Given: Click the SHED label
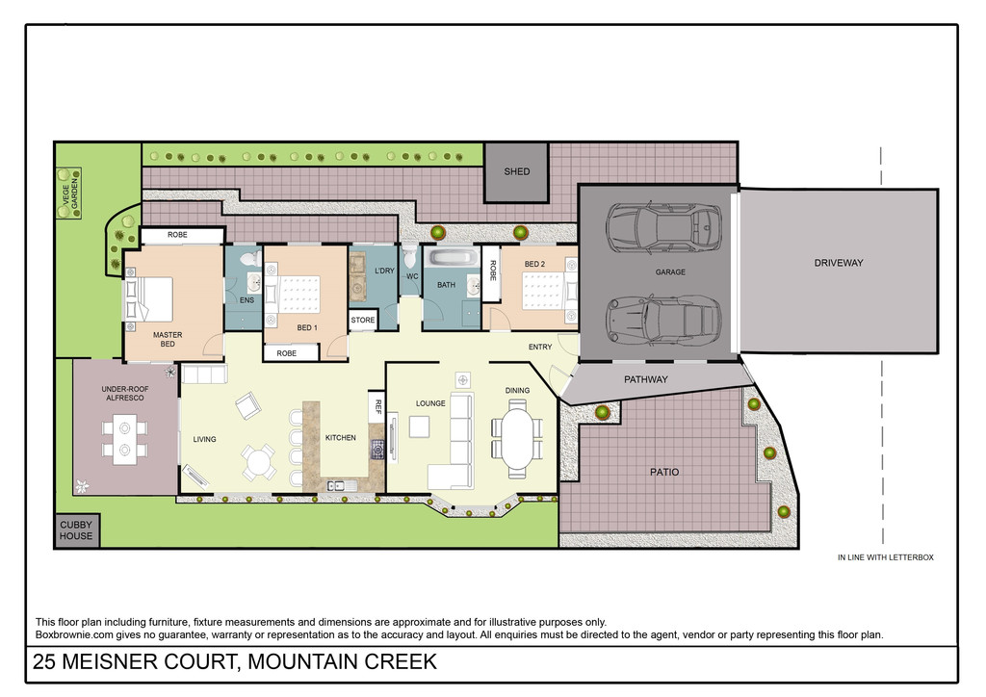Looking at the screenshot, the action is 517,171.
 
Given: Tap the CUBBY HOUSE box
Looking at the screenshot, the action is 76,530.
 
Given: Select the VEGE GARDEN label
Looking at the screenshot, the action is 69,193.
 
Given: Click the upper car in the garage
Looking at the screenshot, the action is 662,228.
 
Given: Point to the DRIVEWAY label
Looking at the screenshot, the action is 839,263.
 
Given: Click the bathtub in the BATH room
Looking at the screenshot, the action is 451,257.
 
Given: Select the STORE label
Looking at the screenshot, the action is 363,320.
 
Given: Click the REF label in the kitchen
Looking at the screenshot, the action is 378,406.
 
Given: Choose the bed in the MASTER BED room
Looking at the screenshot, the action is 151,298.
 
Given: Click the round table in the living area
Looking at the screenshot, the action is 258,464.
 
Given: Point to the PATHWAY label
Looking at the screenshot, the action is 646,379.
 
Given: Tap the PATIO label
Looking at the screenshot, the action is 664,472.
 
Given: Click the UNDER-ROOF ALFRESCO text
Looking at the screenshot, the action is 125,394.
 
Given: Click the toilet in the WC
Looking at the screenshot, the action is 410,256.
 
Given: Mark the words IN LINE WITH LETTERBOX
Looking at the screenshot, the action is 886,557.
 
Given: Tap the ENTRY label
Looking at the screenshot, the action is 540,347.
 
